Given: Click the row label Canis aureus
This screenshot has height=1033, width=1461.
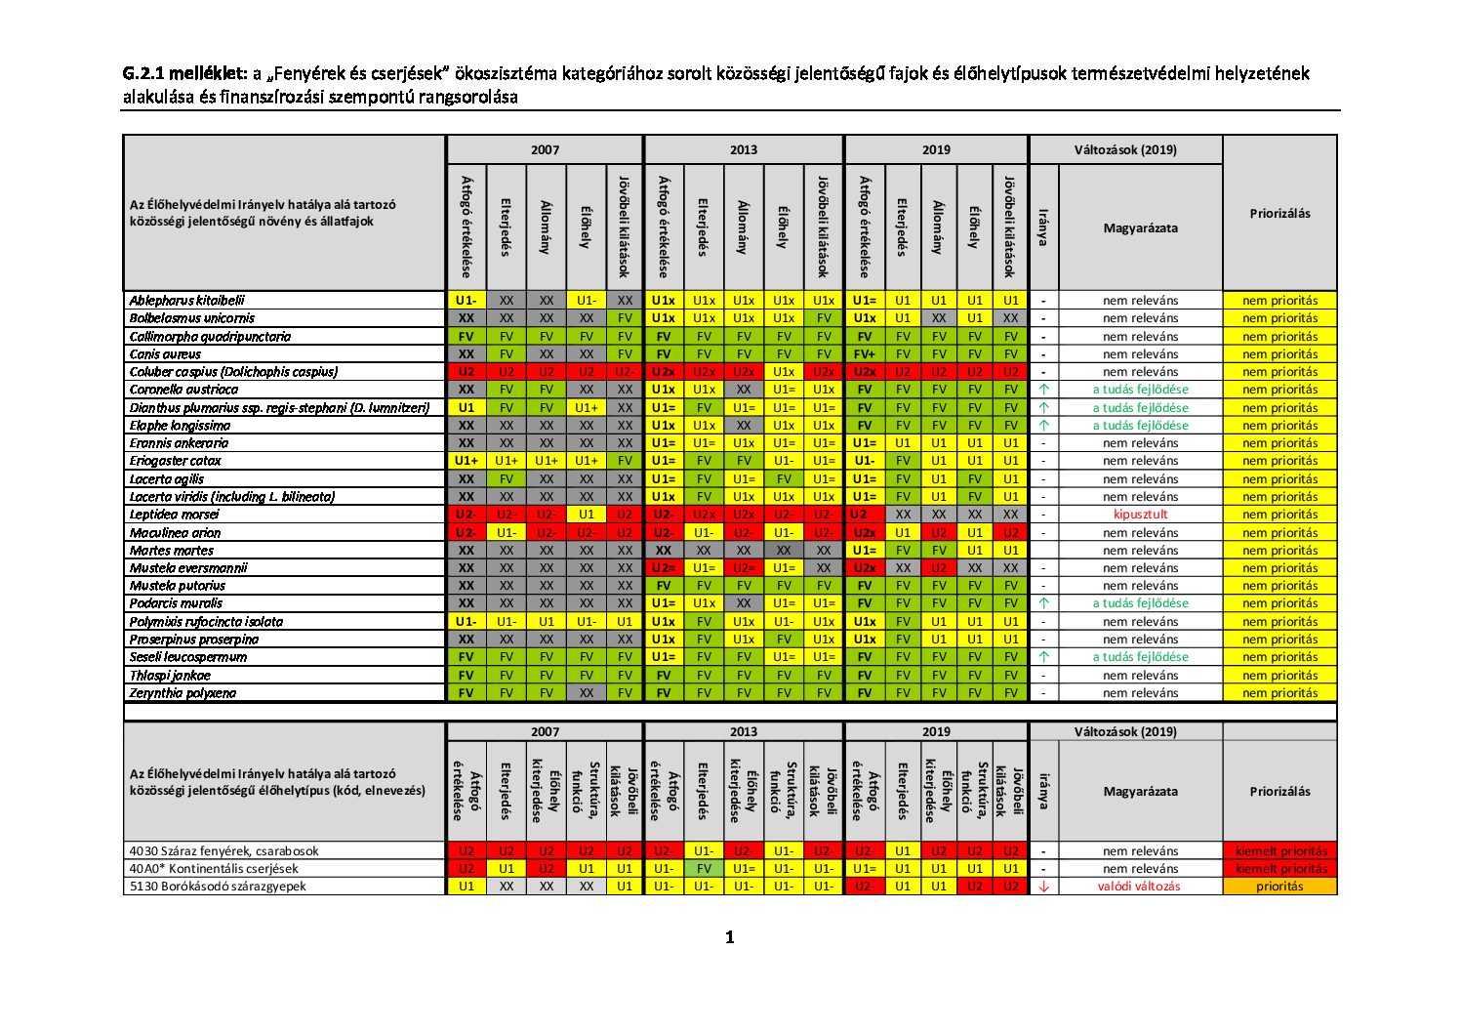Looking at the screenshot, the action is point(165,354).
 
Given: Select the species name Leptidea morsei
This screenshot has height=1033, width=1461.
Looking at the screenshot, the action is point(174,515).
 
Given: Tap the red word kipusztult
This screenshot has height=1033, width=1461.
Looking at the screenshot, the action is point(1140,515).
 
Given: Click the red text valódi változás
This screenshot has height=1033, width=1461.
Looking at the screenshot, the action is point(1139,887).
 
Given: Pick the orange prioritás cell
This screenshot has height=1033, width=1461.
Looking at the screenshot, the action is point(1279,887).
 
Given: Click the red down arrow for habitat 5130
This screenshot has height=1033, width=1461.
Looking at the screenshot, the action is point(1043,887).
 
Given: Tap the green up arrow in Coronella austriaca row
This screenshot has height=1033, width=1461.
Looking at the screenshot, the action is point(1043,390).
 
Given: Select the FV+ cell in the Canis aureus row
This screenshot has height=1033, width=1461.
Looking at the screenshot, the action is point(865,354).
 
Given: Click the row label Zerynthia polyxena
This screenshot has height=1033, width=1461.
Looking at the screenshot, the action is point(183,693).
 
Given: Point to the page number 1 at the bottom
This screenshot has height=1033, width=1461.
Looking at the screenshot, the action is point(730,937).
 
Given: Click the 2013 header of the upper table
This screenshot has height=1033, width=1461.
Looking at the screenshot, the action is point(744,150).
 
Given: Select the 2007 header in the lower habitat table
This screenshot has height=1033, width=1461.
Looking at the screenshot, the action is point(545,731).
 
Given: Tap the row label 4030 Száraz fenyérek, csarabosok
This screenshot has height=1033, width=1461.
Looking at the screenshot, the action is point(223,851).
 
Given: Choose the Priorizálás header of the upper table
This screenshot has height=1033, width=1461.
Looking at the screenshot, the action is point(1279,214).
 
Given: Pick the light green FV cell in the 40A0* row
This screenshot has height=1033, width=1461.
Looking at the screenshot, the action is point(704,869).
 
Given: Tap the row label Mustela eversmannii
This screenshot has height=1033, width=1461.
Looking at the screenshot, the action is point(188,567).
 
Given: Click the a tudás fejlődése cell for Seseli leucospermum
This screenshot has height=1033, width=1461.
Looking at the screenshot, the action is point(1140,657).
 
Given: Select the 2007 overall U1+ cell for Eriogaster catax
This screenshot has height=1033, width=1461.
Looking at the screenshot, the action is point(467,461).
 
